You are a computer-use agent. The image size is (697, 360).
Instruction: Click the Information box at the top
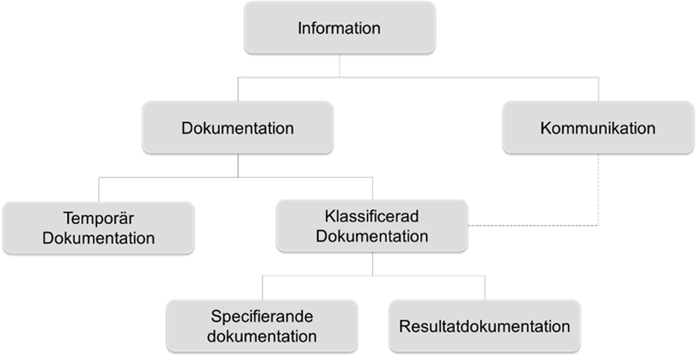pyautogui.click(x=339, y=28)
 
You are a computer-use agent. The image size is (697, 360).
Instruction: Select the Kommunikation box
pyautogui.click(x=597, y=128)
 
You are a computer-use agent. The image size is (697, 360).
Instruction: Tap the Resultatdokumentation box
pyautogui.click(x=484, y=327)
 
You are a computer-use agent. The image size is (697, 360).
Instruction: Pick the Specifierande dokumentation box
pyautogui.click(x=262, y=324)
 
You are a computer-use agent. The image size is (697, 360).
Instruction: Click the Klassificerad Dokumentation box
pyautogui.click(x=372, y=227)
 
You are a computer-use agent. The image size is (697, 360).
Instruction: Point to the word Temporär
pyautogui.click(x=98, y=217)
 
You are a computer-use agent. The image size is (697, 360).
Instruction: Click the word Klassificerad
pyautogui.click(x=372, y=217)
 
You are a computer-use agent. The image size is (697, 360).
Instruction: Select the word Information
pyautogui.click(x=339, y=28)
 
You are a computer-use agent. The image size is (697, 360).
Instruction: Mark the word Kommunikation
pyautogui.click(x=597, y=128)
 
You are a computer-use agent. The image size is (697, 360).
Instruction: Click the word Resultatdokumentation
pyautogui.click(x=484, y=327)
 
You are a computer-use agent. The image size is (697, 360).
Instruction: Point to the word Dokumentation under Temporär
pyautogui.click(x=98, y=237)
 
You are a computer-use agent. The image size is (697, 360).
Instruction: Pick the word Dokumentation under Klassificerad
pyautogui.click(x=372, y=237)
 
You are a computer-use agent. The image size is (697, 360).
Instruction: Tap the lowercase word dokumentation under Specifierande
pyautogui.click(x=262, y=335)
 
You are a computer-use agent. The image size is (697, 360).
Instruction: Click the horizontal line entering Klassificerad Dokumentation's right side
pyautogui.click(x=531, y=228)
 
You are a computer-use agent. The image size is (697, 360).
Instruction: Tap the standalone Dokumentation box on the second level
pyautogui.click(x=237, y=128)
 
